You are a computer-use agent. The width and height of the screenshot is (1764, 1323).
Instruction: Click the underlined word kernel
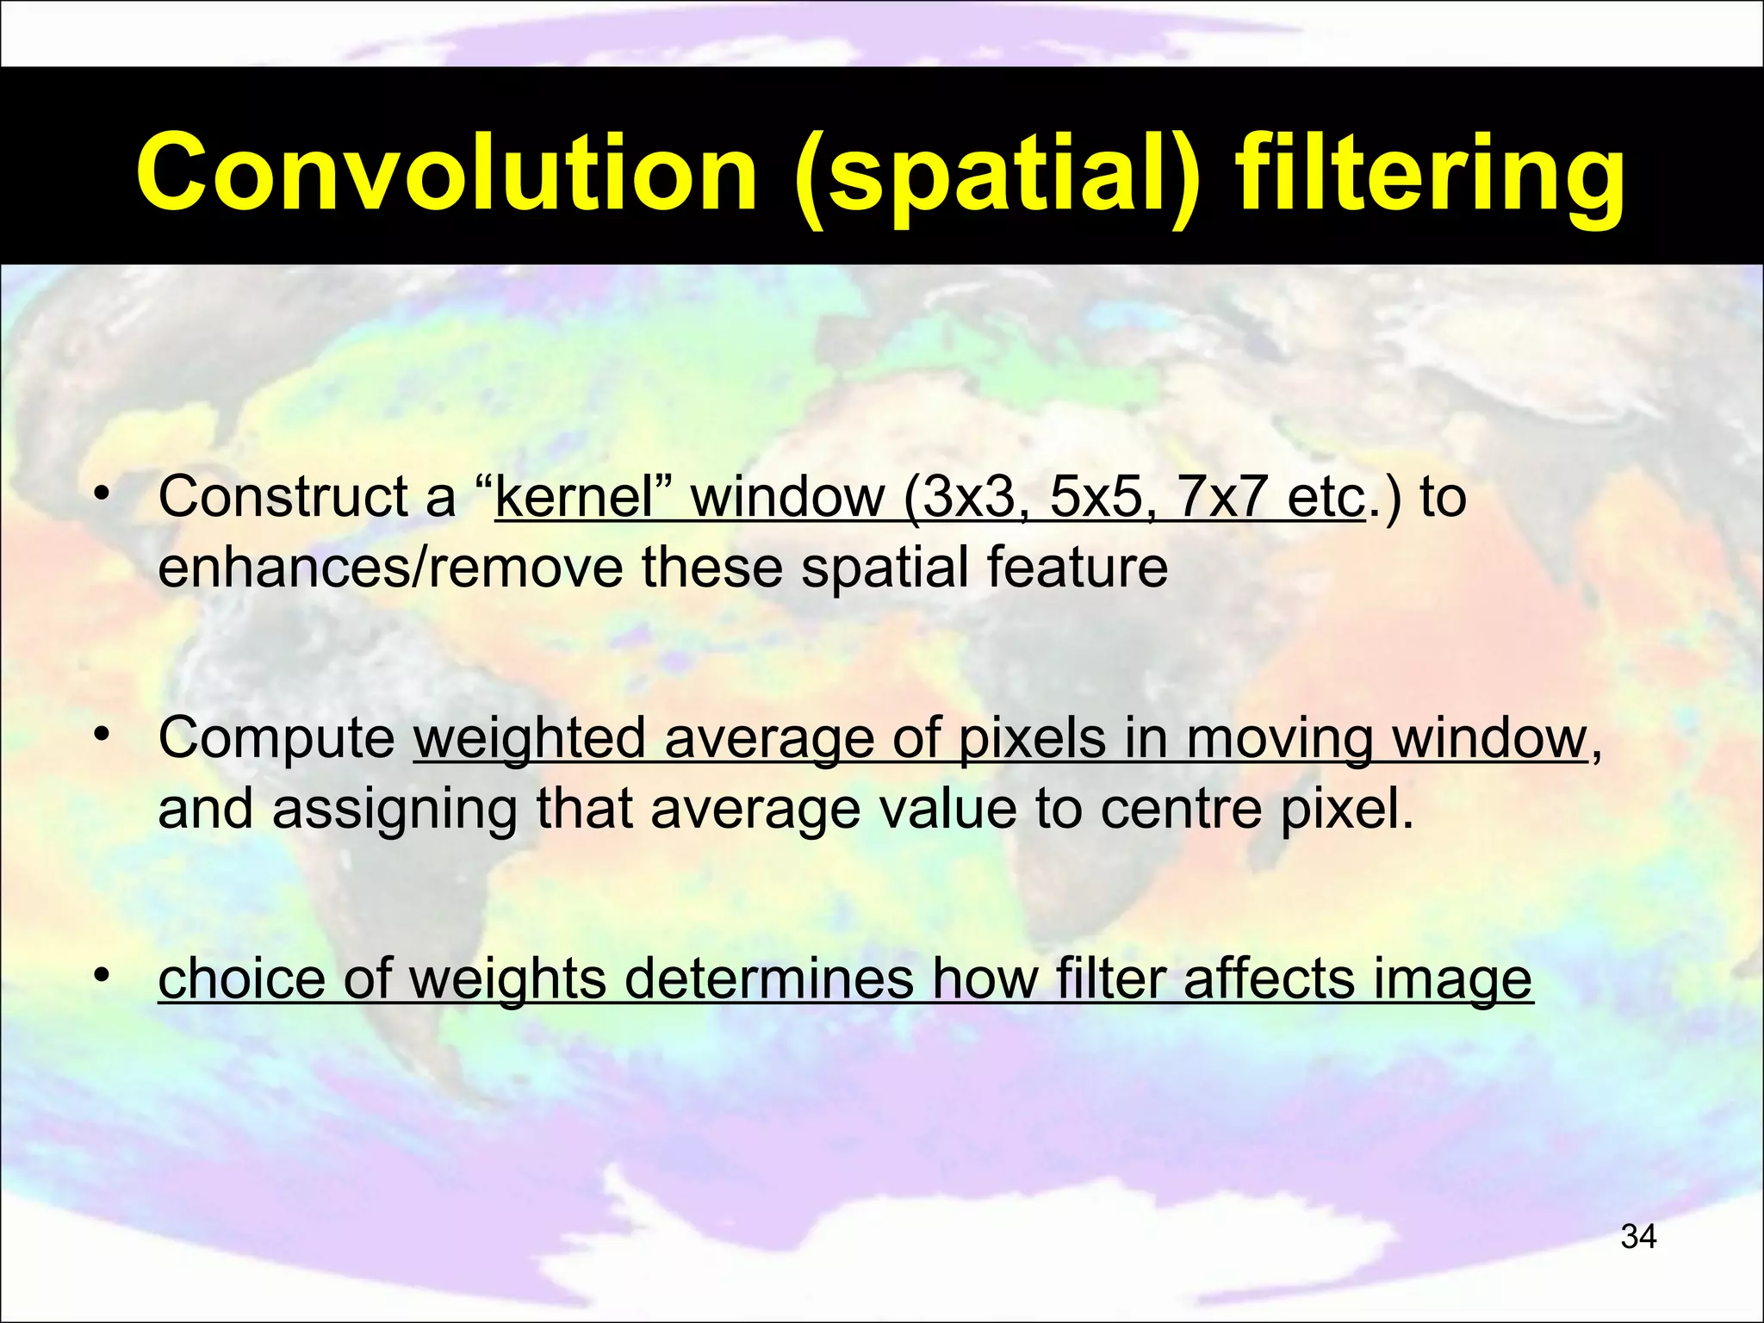pyautogui.click(x=575, y=497)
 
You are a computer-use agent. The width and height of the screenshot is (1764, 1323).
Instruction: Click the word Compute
pyautogui.click(x=276, y=738)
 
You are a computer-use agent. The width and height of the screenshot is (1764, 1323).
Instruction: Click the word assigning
pyautogui.click(x=395, y=809)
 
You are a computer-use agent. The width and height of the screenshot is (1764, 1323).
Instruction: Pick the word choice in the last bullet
pyautogui.click(x=242, y=978)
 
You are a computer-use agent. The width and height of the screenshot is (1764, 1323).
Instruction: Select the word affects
pyautogui.click(x=1270, y=978)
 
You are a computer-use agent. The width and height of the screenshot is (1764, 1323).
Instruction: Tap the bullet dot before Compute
pyautogui.click(x=102, y=734)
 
